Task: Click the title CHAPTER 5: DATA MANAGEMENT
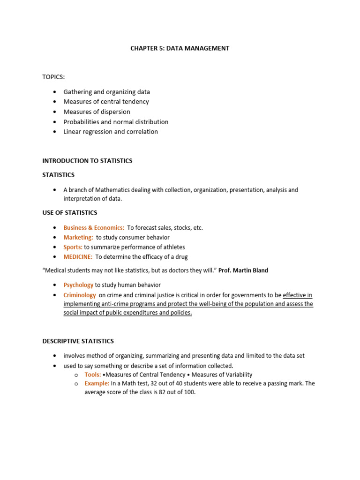coord(180,48)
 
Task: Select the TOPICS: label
coord(52,76)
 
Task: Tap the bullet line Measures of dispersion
coord(97,112)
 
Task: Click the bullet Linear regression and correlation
coord(111,132)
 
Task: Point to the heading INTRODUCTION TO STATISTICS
coord(87,161)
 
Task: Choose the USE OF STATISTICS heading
coord(70,213)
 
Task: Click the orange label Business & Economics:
coord(94,228)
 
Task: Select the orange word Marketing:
coord(78,238)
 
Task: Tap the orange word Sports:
coord(73,247)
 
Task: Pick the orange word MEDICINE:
coord(78,257)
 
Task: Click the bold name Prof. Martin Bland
coord(244,270)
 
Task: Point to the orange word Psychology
coord(78,285)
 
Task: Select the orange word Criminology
coord(80,295)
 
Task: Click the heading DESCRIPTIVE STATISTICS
coord(78,341)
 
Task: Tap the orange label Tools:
coord(92,375)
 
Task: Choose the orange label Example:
coord(97,383)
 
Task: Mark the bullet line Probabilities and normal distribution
coord(116,122)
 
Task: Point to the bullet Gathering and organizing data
coord(106,92)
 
